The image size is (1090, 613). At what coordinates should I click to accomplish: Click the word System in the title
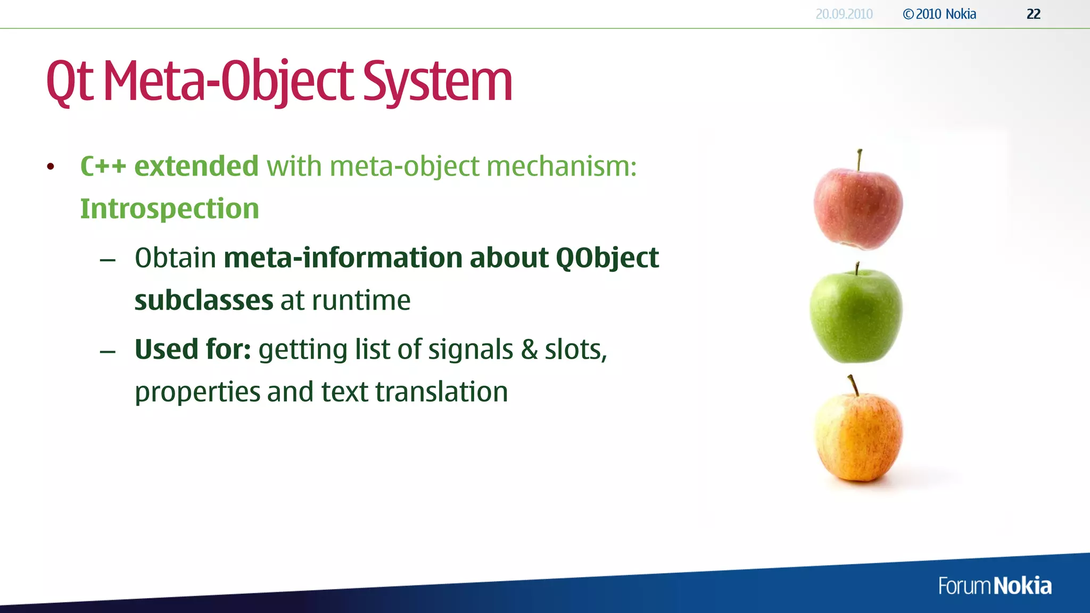click(437, 82)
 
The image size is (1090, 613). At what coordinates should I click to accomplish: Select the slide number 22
click(1033, 14)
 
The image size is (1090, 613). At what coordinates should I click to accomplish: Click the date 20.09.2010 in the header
click(844, 14)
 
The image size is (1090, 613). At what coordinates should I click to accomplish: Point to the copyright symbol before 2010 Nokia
click(908, 14)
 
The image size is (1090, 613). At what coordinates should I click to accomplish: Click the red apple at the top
click(858, 208)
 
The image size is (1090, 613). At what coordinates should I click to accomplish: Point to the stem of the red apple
click(859, 160)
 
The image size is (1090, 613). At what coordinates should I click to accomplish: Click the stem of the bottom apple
click(853, 385)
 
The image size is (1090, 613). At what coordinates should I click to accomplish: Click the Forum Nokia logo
click(995, 586)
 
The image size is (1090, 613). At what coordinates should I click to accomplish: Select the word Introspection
click(169, 209)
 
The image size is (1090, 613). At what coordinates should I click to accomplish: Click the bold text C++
click(103, 166)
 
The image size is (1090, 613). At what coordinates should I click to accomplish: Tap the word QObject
click(607, 258)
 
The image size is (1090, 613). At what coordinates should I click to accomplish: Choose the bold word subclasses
click(204, 301)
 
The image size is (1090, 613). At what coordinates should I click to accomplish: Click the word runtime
click(361, 301)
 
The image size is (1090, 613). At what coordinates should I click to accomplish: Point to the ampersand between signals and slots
click(529, 350)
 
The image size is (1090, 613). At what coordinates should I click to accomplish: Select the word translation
click(441, 392)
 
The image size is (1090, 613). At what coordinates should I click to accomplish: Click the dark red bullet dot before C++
click(51, 167)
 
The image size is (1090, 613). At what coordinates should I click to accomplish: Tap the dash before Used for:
click(108, 352)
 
